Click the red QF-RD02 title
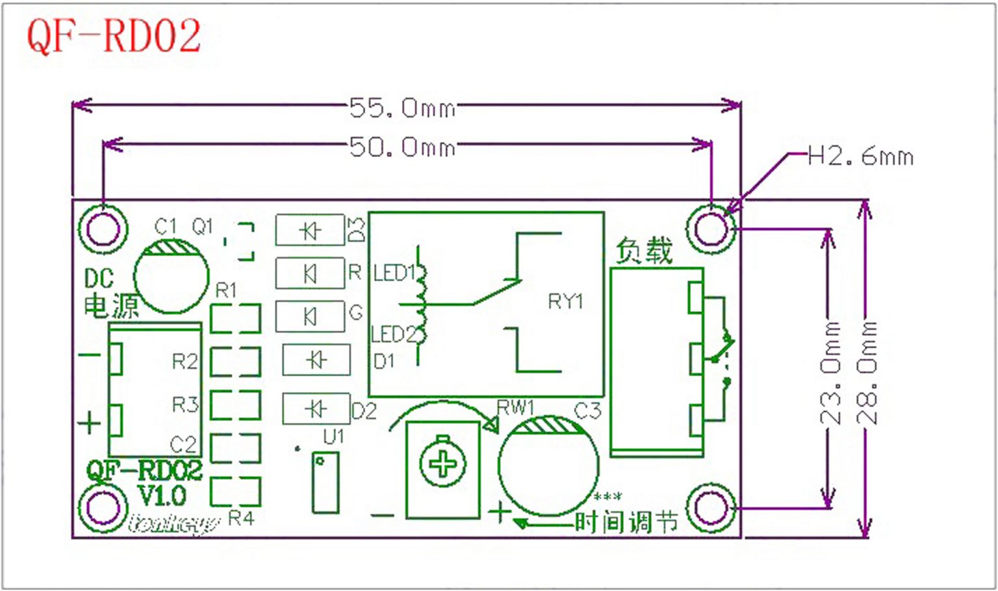point(114,36)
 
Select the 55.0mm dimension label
point(402,108)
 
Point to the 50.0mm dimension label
point(402,147)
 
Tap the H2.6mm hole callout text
point(860,157)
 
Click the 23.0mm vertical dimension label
point(831,373)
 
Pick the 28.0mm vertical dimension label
point(868,373)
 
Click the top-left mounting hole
point(103,229)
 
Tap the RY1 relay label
point(565,301)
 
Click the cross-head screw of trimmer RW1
point(443,464)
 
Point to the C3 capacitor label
point(587,410)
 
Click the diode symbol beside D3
point(310,230)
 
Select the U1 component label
point(333,436)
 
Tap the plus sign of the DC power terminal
point(90,423)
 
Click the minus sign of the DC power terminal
point(90,355)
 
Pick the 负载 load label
point(643,251)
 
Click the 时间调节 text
point(626,522)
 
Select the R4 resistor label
point(241,518)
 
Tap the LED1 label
point(394,273)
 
